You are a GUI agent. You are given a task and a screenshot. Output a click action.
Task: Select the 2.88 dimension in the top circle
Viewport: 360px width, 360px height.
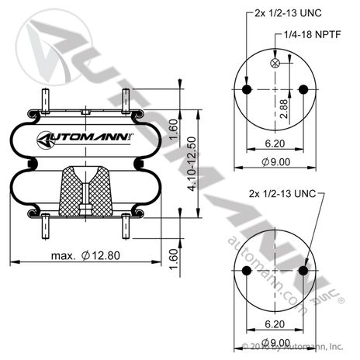pyautogui.click(x=285, y=108)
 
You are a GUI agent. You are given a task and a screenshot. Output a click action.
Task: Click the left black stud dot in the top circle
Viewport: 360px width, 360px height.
pyautogui.click(x=247, y=89)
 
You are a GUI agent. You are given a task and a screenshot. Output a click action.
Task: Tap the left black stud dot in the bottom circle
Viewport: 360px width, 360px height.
pyautogui.click(x=247, y=270)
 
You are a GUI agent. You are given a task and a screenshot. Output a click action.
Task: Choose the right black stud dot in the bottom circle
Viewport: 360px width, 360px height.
pyautogui.click(x=301, y=270)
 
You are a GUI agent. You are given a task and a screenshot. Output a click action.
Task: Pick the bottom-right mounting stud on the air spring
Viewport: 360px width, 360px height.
pyautogui.click(x=124, y=227)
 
